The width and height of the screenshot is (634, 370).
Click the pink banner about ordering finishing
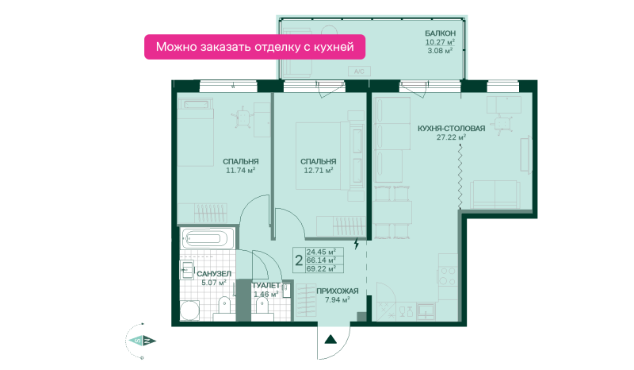(x=254, y=47)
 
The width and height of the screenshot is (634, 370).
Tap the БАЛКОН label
(x=440, y=33)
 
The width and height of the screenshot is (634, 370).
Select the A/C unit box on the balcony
(x=359, y=71)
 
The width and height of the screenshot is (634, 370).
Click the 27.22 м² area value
(x=451, y=137)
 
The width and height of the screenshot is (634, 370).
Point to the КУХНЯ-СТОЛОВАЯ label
(x=451, y=129)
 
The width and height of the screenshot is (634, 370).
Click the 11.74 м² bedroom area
(x=241, y=171)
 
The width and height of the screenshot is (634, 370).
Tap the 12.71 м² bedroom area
(x=319, y=171)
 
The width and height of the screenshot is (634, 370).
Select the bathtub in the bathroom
(x=208, y=238)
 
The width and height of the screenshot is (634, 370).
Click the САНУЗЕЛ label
(x=214, y=274)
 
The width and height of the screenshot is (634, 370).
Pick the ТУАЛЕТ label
(x=266, y=285)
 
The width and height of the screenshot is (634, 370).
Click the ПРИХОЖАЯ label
(x=338, y=291)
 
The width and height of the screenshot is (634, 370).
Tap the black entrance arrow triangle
(x=330, y=340)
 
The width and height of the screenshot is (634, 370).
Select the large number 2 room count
(x=299, y=260)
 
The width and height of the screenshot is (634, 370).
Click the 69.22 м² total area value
(x=321, y=268)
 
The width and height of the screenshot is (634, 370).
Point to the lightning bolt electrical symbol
(x=357, y=244)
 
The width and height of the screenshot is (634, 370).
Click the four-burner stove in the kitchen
(x=448, y=276)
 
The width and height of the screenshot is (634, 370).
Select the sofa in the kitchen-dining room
(x=495, y=195)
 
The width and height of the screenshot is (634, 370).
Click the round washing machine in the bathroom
(x=189, y=310)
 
